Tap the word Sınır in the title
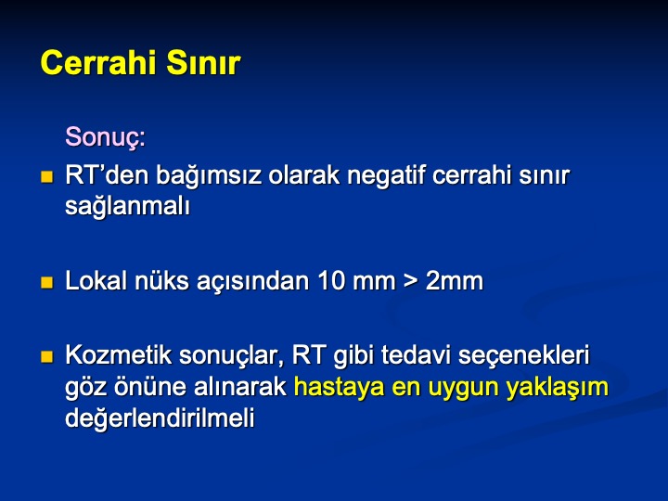click(203, 63)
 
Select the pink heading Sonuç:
click(105, 137)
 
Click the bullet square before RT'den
click(47, 177)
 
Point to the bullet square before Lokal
click(47, 282)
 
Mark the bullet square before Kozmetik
click(47, 356)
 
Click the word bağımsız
click(209, 176)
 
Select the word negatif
click(386, 175)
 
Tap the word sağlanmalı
click(127, 207)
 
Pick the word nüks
click(161, 282)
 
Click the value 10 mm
click(356, 282)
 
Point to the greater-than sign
click(410, 282)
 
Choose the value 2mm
click(455, 282)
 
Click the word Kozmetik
click(119, 355)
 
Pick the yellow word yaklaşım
click(558, 388)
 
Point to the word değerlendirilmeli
click(160, 418)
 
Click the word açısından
click(253, 283)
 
